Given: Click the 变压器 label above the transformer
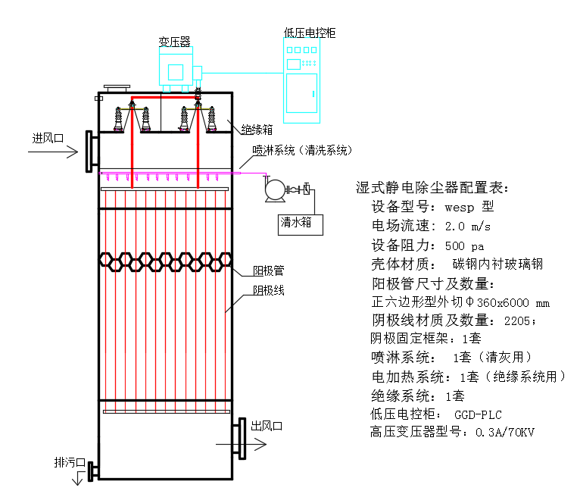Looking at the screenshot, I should pos(174,42).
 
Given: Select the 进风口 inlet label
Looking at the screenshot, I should pos(47,139).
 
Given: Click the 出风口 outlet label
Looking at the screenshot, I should pos(267,426).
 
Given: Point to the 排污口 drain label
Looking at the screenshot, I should pos(70,461).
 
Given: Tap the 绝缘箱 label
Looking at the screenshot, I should pos(257,130).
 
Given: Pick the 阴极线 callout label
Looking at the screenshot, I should pos(269,290).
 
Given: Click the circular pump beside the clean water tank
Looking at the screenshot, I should pos(273,190).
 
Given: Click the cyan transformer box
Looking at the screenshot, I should pos(176,72).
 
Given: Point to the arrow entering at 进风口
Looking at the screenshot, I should pos(53,152).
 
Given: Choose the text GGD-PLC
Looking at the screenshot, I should pos(478,414).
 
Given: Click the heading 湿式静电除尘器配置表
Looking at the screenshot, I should pos(432,188).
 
